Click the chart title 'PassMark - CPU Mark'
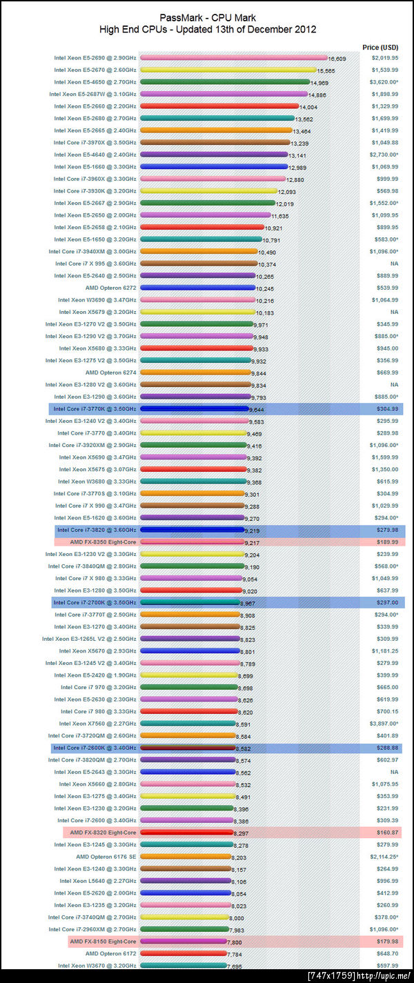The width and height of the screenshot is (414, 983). (207, 18)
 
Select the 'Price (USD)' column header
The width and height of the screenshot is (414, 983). (379, 47)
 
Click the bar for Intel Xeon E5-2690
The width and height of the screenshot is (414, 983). (233, 59)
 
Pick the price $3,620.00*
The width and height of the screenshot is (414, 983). (384, 82)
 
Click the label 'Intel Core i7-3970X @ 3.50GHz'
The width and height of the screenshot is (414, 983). (95, 143)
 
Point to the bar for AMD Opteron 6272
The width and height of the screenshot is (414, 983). (197, 288)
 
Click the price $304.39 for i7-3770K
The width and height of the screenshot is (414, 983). (384, 409)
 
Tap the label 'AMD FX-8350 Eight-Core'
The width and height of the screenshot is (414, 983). (103, 542)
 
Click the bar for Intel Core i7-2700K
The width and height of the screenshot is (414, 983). (190, 602)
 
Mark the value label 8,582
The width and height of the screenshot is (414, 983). (245, 748)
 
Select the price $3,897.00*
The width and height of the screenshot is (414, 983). (384, 724)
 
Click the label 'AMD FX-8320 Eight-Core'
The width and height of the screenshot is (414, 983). (103, 833)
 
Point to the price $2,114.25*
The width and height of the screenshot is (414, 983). (384, 857)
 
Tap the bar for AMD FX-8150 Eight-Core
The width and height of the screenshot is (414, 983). (186, 941)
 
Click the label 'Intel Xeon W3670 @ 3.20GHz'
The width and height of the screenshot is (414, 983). (97, 965)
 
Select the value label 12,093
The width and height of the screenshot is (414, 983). (286, 192)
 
